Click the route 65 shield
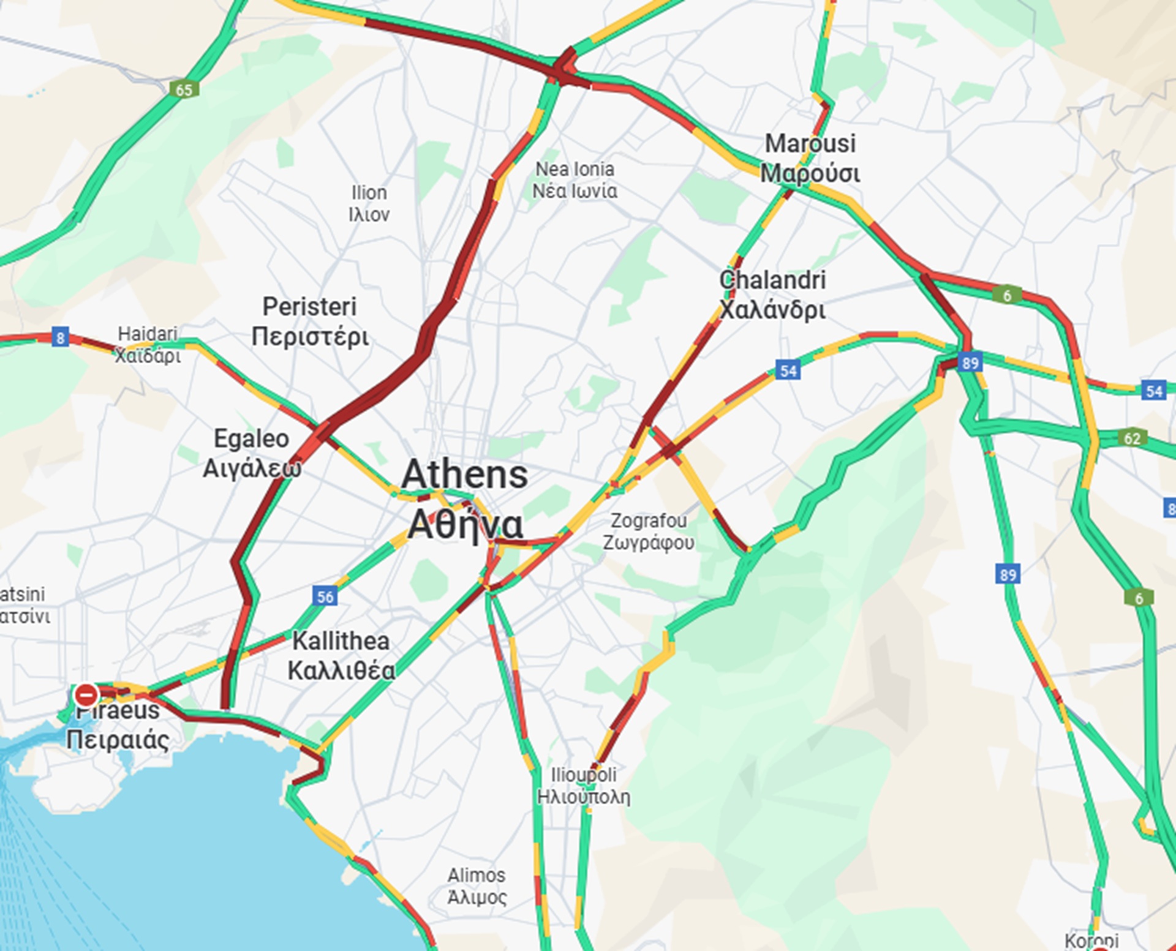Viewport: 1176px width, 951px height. click(x=184, y=90)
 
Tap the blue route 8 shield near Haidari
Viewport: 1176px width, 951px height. click(x=60, y=337)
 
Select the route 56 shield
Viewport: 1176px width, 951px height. click(x=325, y=596)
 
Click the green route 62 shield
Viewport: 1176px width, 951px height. click(x=1132, y=438)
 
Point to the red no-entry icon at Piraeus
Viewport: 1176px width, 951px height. click(x=86, y=695)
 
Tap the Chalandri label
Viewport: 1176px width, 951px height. click(x=772, y=295)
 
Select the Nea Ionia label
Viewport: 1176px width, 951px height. click(x=575, y=179)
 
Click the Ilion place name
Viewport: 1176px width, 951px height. click(x=369, y=203)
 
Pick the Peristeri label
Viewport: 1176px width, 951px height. click(x=310, y=321)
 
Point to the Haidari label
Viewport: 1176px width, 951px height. click(x=148, y=344)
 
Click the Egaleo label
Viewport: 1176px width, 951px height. click(x=252, y=453)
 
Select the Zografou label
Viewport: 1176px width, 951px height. click(x=649, y=532)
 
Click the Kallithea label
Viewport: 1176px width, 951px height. click(x=341, y=656)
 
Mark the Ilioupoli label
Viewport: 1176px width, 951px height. click(x=583, y=786)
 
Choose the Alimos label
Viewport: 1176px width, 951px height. click(x=477, y=886)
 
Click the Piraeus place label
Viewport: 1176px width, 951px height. click(x=118, y=726)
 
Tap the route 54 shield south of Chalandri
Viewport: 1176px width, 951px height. click(x=788, y=370)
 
